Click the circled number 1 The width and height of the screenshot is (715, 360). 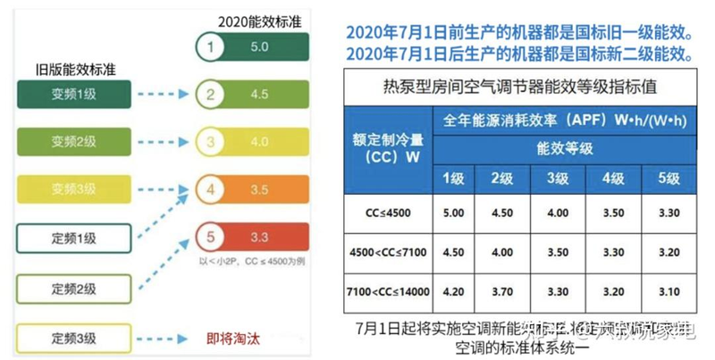209,46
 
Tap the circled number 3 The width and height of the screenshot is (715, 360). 209,141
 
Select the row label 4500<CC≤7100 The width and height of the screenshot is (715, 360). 382,252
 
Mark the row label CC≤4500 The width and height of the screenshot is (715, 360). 382,213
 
